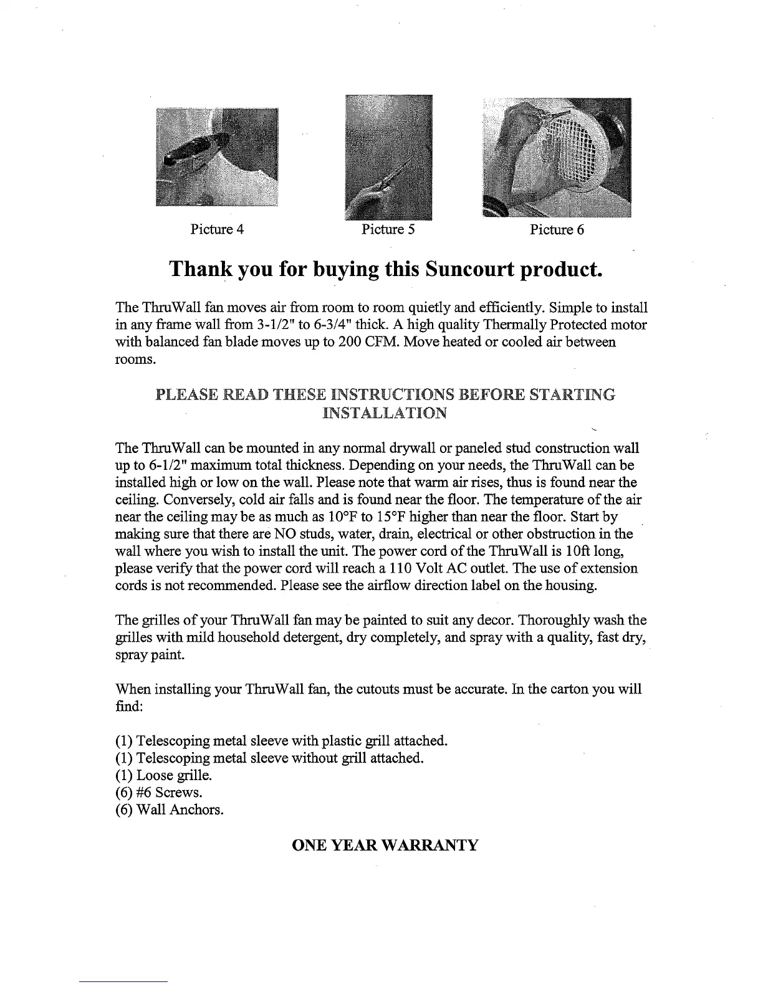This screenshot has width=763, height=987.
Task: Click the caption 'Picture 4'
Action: [216, 229]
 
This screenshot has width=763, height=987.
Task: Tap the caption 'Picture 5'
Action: [388, 229]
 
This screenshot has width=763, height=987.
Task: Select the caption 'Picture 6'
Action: [557, 229]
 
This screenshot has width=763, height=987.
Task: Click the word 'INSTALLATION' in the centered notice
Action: [385, 413]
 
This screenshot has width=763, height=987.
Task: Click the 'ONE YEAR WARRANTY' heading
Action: [385, 846]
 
